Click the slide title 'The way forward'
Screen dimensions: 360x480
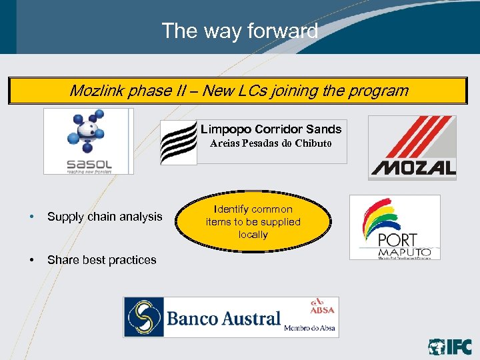point(239,31)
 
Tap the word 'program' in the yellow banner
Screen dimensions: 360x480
point(379,91)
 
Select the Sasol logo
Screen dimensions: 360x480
point(89,141)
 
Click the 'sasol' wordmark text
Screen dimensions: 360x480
point(89,163)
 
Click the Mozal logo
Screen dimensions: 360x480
point(412,147)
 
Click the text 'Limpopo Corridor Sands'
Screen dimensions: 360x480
point(271,129)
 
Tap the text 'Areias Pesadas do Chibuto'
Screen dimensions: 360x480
point(271,143)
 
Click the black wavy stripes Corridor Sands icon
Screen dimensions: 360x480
point(179,143)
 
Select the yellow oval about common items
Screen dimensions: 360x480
point(253,222)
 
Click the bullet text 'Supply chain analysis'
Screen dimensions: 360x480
point(105,217)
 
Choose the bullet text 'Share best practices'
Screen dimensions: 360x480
point(102,260)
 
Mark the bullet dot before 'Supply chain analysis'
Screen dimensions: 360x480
point(31,217)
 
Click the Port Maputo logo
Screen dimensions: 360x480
point(395,227)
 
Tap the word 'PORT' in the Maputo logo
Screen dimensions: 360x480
point(397,239)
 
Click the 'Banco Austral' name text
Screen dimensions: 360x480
point(223,318)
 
